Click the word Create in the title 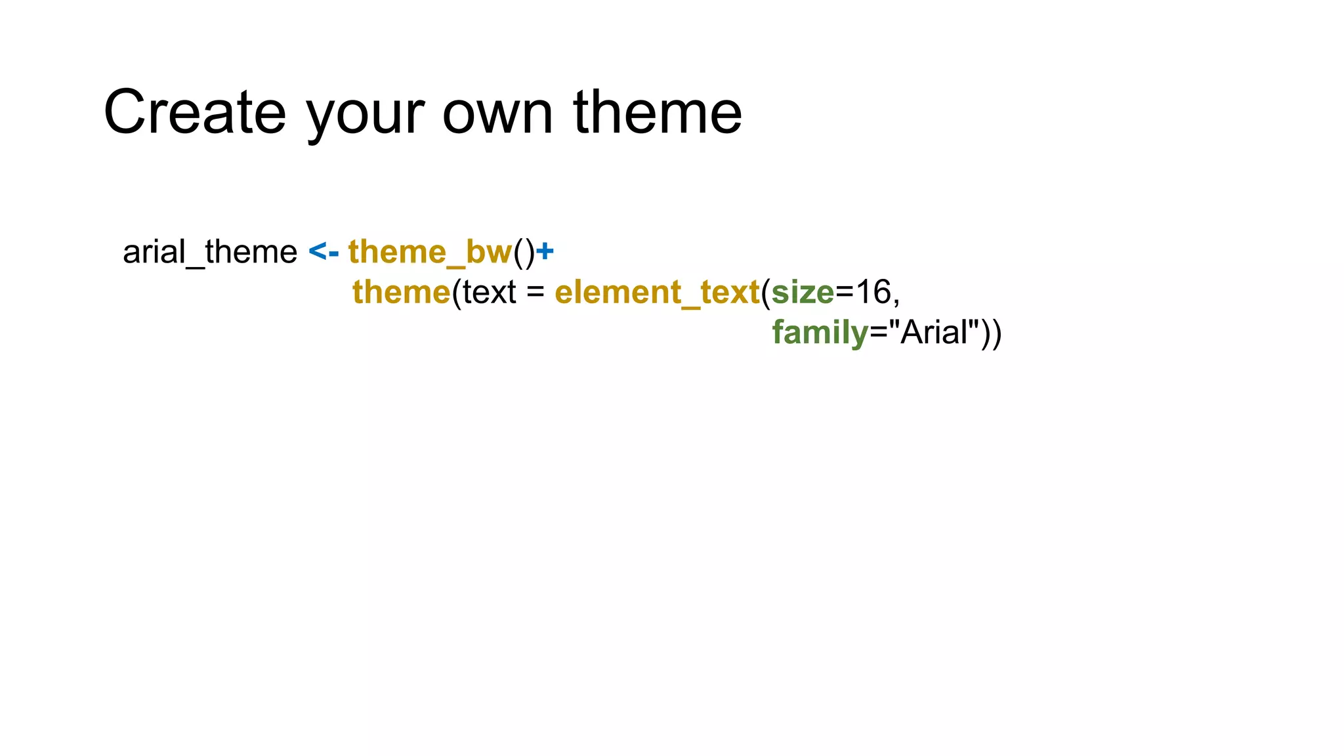click(x=195, y=113)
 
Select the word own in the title click(x=497, y=113)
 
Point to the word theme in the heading click(x=658, y=113)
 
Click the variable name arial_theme click(x=210, y=253)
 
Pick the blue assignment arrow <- click(x=324, y=252)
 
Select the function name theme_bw click(x=430, y=253)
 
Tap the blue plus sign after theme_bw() click(x=545, y=252)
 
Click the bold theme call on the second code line click(x=402, y=292)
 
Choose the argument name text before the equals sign click(x=489, y=293)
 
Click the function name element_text click(x=657, y=293)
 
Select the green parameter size click(x=803, y=293)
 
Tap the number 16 click(x=873, y=292)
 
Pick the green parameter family click(x=820, y=333)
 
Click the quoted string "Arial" click(x=934, y=332)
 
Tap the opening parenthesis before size click(x=766, y=293)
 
